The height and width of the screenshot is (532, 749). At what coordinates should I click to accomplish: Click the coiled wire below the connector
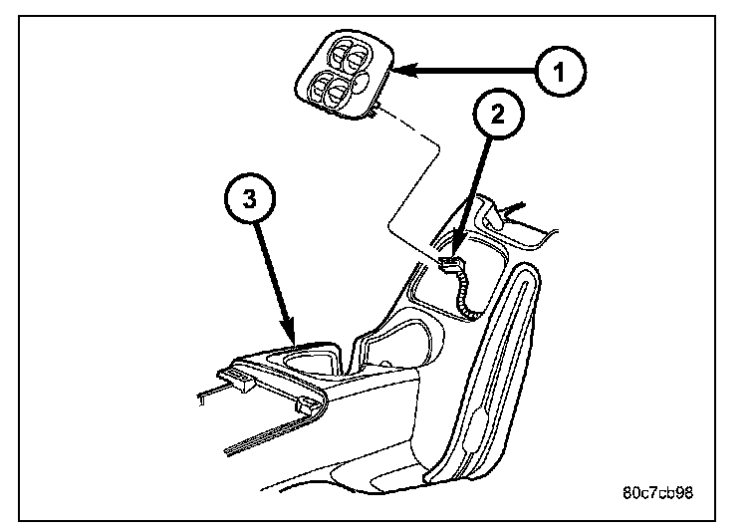(463, 294)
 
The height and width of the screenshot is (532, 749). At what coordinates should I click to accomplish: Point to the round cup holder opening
(316, 357)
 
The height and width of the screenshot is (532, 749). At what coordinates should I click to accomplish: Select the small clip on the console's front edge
(307, 405)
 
